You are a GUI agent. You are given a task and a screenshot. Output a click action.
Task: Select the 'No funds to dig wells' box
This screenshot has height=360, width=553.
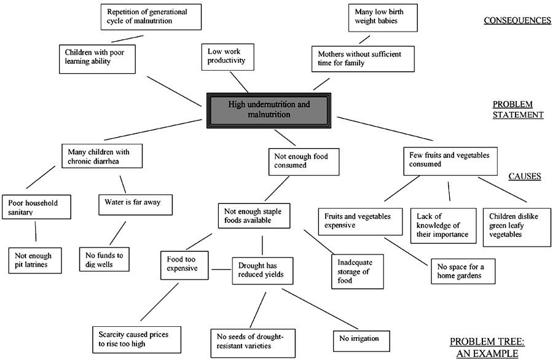104,260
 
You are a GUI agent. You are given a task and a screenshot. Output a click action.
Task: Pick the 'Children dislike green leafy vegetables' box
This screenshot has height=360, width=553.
516,227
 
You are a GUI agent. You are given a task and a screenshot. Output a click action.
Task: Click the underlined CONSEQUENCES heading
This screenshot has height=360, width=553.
517,20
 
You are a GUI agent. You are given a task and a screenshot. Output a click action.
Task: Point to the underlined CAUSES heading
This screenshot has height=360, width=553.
524,176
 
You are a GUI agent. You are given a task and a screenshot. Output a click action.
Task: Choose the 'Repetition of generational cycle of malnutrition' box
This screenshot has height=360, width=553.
151,17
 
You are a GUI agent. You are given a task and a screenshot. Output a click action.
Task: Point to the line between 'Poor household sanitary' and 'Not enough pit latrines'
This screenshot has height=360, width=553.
36,232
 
